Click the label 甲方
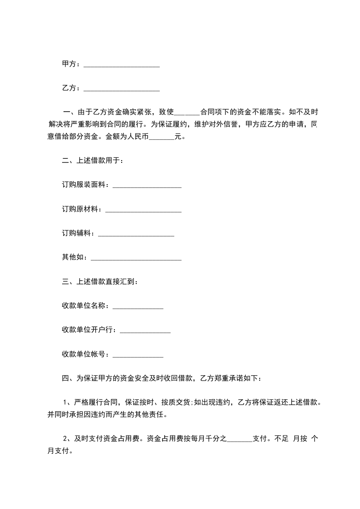click(x=69, y=64)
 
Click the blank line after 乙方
click(x=122, y=89)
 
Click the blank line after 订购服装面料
click(x=147, y=186)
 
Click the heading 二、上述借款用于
click(x=92, y=160)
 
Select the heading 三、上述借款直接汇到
click(x=99, y=282)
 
